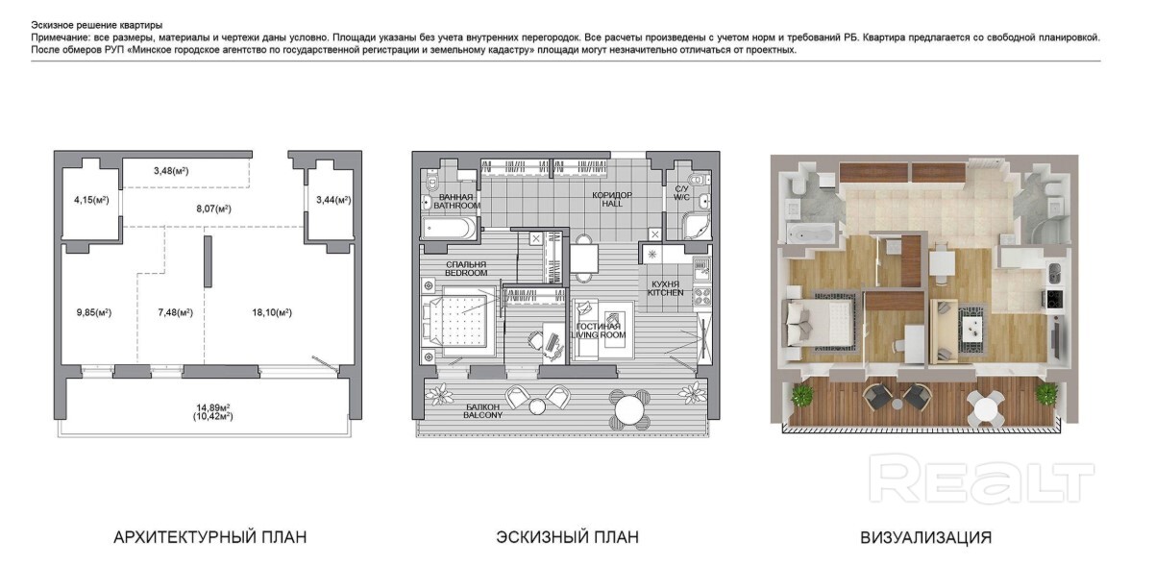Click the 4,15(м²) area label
[x=92, y=200]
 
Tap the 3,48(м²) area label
[x=171, y=171]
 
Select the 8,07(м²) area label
[x=214, y=209]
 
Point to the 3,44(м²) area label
[x=333, y=200]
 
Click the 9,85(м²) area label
[x=94, y=312]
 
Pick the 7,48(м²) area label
[x=176, y=312]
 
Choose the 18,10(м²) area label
[x=272, y=312]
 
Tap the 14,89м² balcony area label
[x=213, y=407]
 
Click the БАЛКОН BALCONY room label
[x=482, y=410]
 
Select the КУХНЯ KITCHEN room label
[x=666, y=288]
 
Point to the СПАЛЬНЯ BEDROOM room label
[x=466, y=269]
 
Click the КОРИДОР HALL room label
[x=612, y=200]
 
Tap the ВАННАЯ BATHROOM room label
[x=456, y=201]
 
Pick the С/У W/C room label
[x=681, y=193]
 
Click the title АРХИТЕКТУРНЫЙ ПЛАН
[x=209, y=537]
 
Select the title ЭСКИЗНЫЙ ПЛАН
[x=567, y=537]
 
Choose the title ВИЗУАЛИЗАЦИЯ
[x=926, y=537]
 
